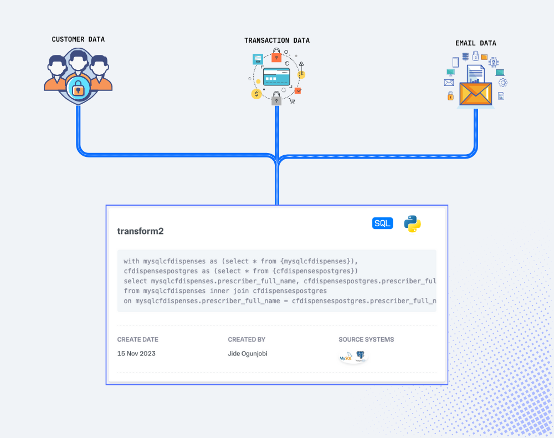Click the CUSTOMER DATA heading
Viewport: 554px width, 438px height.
tap(78, 39)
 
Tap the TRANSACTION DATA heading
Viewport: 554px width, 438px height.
tap(277, 40)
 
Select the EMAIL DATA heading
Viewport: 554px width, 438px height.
tap(475, 43)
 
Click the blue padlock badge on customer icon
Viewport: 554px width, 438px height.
tap(78, 88)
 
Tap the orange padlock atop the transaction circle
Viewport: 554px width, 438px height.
tap(276, 55)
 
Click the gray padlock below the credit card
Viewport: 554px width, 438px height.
tap(276, 99)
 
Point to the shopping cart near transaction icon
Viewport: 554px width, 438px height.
tap(292, 101)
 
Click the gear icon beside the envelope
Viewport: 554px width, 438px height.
tap(503, 83)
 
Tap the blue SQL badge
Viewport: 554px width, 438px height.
tap(382, 223)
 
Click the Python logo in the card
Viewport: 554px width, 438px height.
tap(412, 223)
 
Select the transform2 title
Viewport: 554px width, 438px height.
tap(140, 231)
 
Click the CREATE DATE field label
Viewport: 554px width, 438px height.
tap(137, 339)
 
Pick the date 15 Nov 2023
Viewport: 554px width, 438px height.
tap(136, 353)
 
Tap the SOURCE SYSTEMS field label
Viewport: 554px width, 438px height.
tap(366, 339)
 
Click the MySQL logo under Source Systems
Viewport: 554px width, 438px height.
tap(346, 358)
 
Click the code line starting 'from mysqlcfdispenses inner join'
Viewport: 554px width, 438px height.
tap(225, 291)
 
